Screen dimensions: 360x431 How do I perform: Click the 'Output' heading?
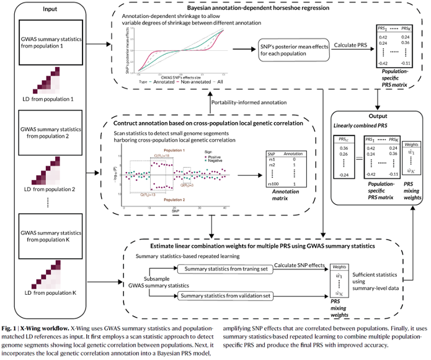pos(378,115)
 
